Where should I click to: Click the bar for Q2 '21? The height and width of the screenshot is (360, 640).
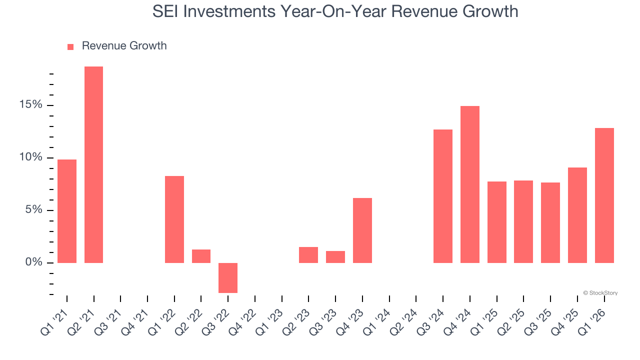coord(93,164)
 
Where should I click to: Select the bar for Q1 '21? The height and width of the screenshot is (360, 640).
coord(67,211)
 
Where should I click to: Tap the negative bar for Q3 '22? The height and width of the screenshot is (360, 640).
coord(228,277)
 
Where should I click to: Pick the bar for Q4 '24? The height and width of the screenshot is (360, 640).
coord(470,184)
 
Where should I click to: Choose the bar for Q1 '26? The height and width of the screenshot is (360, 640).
coord(604,195)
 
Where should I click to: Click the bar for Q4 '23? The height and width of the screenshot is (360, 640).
coord(362,230)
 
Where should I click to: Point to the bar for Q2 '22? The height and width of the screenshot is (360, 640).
coord(201,256)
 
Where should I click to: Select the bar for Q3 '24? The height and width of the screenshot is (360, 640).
coord(443,196)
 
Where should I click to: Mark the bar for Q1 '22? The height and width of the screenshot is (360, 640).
coord(174,219)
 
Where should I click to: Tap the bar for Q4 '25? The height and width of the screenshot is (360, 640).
coord(577,215)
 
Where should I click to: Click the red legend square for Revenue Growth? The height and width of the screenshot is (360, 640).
coord(70,46)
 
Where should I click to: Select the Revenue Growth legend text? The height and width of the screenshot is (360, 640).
coord(124,46)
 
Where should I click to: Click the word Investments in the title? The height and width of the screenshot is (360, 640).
coord(235,11)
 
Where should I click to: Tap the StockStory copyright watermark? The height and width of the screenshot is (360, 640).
coord(600,293)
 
